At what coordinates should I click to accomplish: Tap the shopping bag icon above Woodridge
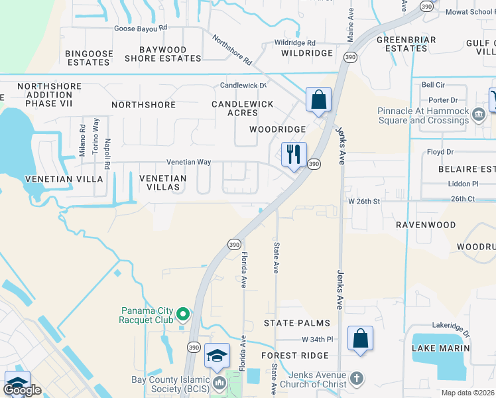(318, 99)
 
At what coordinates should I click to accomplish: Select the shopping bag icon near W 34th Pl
(359, 338)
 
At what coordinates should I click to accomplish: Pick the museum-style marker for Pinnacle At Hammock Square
(477, 115)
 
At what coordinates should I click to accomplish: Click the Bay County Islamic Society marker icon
(217, 383)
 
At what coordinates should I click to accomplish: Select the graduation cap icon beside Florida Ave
(217, 356)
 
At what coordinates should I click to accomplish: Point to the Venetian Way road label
(188, 162)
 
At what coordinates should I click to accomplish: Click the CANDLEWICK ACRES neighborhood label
(242, 109)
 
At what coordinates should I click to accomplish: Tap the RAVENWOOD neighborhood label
(426, 225)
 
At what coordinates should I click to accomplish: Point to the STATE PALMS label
(296, 323)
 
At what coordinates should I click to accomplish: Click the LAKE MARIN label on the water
(441, 348)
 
